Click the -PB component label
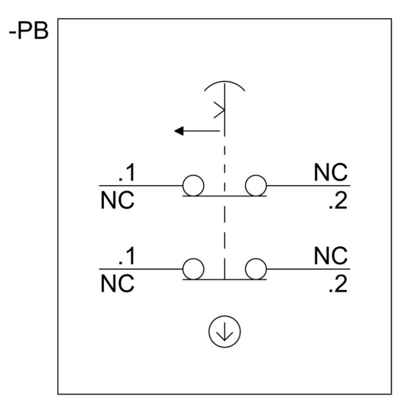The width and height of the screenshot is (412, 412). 29,32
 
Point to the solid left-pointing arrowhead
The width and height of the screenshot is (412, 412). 179,130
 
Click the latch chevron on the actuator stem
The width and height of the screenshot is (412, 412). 219,110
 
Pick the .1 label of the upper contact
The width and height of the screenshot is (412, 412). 127,173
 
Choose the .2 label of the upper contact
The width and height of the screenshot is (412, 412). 338,201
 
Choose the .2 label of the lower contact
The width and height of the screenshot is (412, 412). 338,285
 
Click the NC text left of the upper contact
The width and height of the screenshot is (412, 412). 117,201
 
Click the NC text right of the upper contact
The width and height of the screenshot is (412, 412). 331,173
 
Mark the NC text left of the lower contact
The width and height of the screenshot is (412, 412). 117,284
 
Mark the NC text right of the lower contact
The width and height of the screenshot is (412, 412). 331,255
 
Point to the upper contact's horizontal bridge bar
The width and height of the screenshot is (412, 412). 224,196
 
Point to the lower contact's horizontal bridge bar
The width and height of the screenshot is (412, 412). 224,279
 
